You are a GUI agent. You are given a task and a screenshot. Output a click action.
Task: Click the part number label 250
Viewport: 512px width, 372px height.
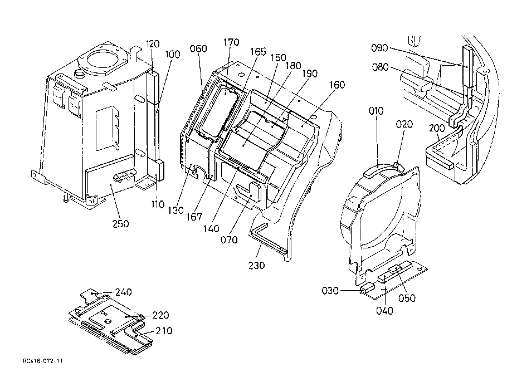pos(120,224)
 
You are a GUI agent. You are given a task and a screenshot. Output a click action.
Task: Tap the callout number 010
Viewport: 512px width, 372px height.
pos(376,111)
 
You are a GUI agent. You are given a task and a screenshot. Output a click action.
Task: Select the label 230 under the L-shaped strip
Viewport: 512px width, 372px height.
pos(256,266)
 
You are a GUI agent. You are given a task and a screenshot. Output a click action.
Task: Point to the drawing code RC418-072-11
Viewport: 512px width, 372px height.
pos(43,361)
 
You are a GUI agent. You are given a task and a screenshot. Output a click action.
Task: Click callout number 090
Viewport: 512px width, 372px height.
pos(379,48)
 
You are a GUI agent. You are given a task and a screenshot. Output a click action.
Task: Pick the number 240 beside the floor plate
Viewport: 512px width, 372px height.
pos(124,292)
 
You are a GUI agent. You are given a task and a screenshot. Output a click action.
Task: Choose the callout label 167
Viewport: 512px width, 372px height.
pos(194,217)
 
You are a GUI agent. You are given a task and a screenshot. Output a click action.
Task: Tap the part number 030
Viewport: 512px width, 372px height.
pos(330,291)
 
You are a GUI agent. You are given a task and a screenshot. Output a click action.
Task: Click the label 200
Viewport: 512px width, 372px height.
pos(437,128)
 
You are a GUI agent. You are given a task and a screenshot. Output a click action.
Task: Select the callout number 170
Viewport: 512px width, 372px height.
pos(231,42)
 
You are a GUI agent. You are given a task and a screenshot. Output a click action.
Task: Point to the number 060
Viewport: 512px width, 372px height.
pos(198,48)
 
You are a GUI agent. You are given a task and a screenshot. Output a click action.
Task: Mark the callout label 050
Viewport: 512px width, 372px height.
pos(407,298)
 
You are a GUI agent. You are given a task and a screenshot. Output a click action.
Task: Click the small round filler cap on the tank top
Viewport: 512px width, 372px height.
pos(80,74)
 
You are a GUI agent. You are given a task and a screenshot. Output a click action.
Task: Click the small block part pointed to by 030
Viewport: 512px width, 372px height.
pos(367,288)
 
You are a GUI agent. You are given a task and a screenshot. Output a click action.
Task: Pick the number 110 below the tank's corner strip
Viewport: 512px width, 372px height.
pos(157,204)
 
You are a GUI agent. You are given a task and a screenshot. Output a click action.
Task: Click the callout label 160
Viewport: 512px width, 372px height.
pos(337,85)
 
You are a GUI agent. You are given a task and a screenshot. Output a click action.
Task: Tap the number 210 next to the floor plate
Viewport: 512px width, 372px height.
pos(164,331)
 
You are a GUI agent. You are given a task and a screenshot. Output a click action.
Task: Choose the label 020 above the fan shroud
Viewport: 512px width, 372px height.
pos(404,124)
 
